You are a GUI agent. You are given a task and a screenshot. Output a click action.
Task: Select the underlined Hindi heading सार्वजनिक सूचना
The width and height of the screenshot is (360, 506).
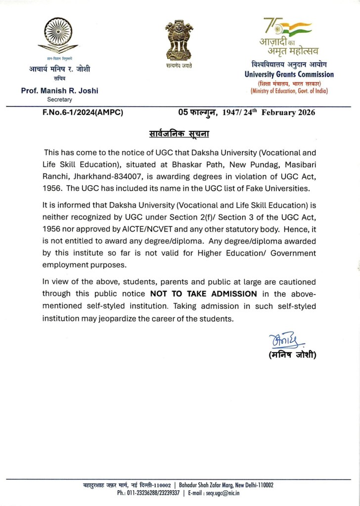(180, 134)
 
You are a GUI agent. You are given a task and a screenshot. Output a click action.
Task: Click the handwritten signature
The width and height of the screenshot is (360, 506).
(281, 341)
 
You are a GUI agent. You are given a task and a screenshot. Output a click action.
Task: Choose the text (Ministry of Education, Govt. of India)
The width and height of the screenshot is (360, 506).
(289, 91)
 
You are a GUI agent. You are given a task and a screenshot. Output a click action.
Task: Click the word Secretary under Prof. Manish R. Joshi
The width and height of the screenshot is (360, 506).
(59, 99)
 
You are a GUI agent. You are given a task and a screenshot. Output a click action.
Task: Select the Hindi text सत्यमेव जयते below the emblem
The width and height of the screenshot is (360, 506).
(180, 66)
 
